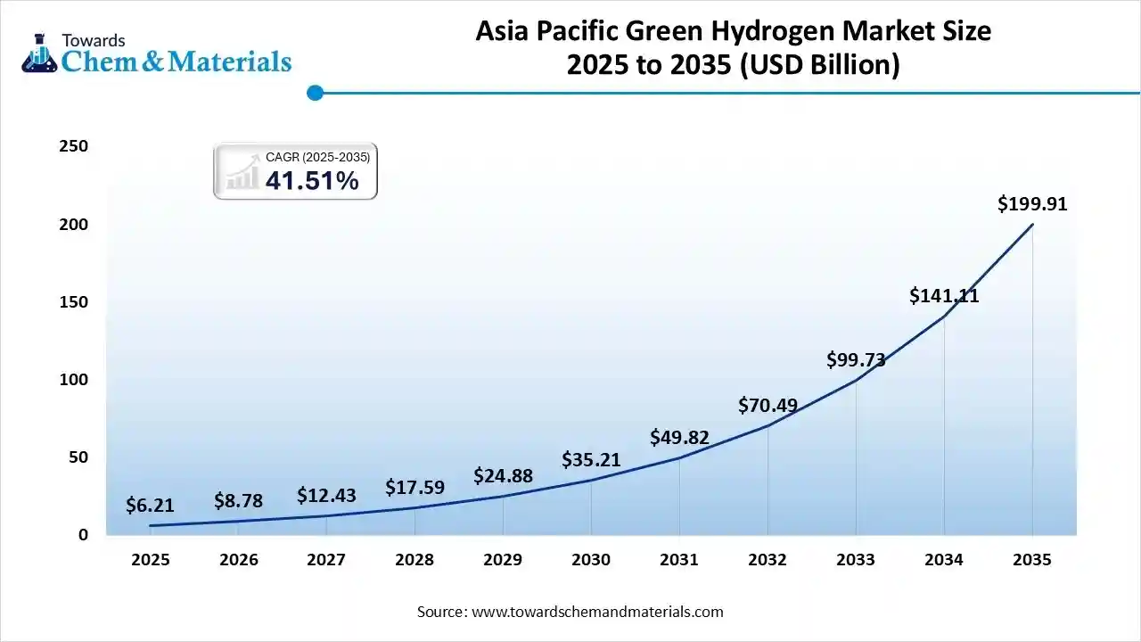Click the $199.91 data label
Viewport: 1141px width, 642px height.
(x=1032, y=204)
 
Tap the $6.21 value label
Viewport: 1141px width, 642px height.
(x=150, y=506)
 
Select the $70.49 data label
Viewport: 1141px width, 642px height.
(x=768, y=405)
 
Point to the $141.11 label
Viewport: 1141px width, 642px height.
(x=944, y=295)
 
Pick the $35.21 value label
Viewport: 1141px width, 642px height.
(x=591, y=460)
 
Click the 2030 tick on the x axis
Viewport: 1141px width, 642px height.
(x=591, y=560)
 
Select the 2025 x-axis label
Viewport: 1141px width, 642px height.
(x=150, y=560)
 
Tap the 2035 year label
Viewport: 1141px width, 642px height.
(x=1032, y=560)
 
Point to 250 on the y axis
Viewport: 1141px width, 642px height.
(x=73, y=146)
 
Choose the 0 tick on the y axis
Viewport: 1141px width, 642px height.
(x=83, y=535)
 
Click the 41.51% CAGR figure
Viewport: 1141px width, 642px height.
(x=312, y=181)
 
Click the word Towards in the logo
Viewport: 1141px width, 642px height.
(x=93, y=40)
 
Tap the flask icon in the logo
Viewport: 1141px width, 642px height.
(x=38, y=54)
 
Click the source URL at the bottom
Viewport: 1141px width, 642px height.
(x=596, y=612)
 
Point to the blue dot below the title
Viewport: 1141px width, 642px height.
(x=315, y=93)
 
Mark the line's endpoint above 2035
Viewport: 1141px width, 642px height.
(x=1032, y=224)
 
